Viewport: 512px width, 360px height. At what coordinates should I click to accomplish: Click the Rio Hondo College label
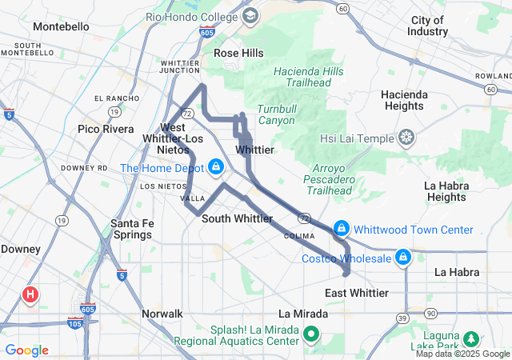(192, 16)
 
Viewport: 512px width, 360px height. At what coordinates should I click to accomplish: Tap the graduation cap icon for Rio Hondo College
(250, 16)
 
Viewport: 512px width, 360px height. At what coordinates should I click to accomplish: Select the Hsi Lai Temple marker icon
(407, 138)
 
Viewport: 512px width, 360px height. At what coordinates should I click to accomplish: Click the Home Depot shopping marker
(214, 167)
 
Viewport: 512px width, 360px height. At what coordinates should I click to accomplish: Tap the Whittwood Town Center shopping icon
(342, 230)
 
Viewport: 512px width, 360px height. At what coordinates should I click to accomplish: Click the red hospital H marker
(30, 294)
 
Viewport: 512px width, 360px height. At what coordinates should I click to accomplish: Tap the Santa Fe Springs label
(131, 229)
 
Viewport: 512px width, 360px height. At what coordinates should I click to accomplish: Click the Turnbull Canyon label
(276, 115)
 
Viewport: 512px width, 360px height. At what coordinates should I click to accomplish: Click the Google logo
(26, 350)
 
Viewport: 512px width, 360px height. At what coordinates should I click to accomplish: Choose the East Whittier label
(357, 293)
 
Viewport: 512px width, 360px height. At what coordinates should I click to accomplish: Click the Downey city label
(21, 249)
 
